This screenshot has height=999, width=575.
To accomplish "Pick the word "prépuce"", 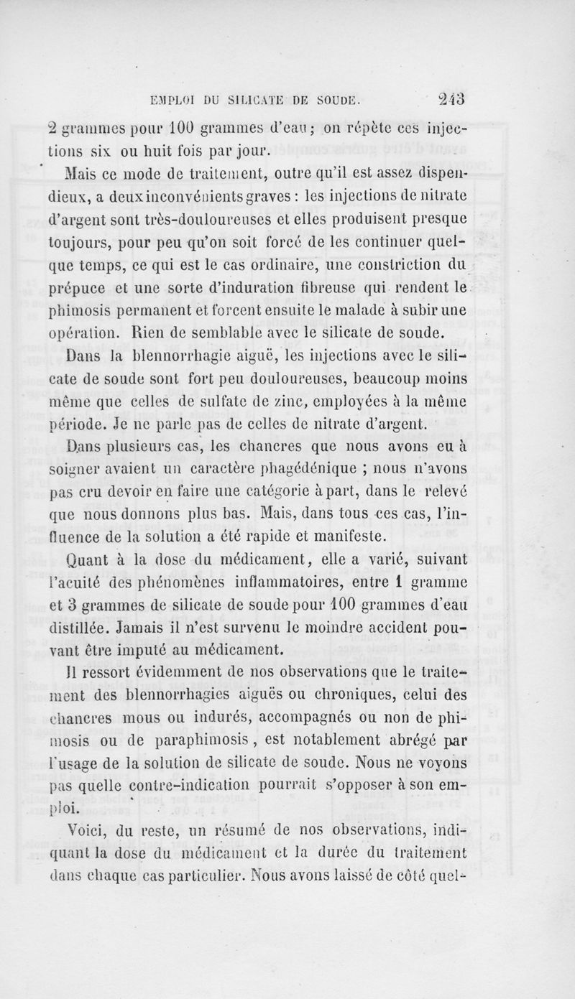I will (141, 289).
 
